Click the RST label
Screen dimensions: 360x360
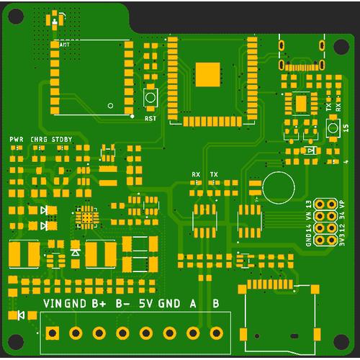150,117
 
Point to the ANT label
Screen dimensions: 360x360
65,45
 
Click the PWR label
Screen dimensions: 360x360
17,138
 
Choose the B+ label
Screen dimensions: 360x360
99,304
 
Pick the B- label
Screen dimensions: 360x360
122,304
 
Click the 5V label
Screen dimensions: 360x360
146,304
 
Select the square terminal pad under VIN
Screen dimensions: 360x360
52,333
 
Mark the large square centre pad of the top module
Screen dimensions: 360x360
207,73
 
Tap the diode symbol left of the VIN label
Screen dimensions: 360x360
21,315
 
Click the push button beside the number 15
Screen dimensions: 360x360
333,127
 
